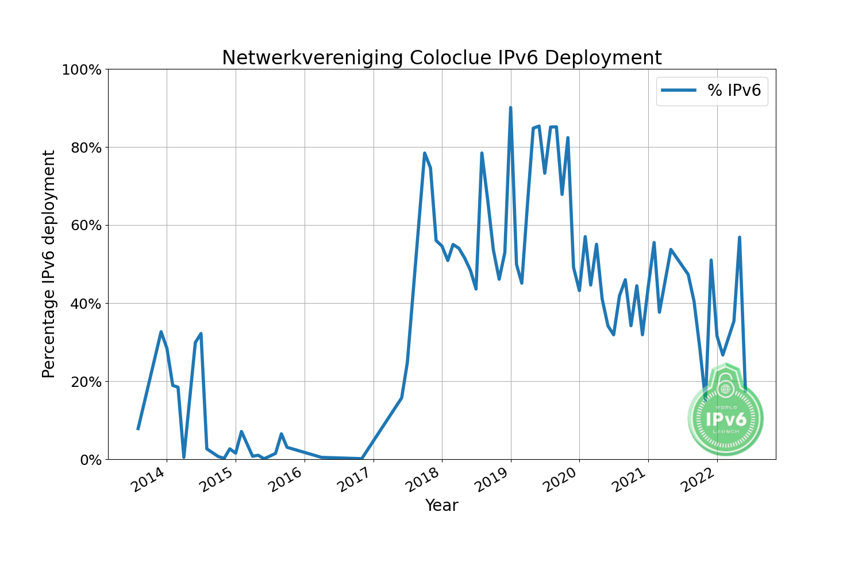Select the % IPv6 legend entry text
pos(734,91)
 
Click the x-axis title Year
pos(441,506)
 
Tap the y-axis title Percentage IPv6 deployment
pos(49,264)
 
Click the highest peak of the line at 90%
pos(510,108)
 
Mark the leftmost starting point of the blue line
pos(138,428)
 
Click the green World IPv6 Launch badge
pos(725,416)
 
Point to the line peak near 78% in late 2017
pos(424,153)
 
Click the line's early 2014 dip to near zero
pos(184,457)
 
